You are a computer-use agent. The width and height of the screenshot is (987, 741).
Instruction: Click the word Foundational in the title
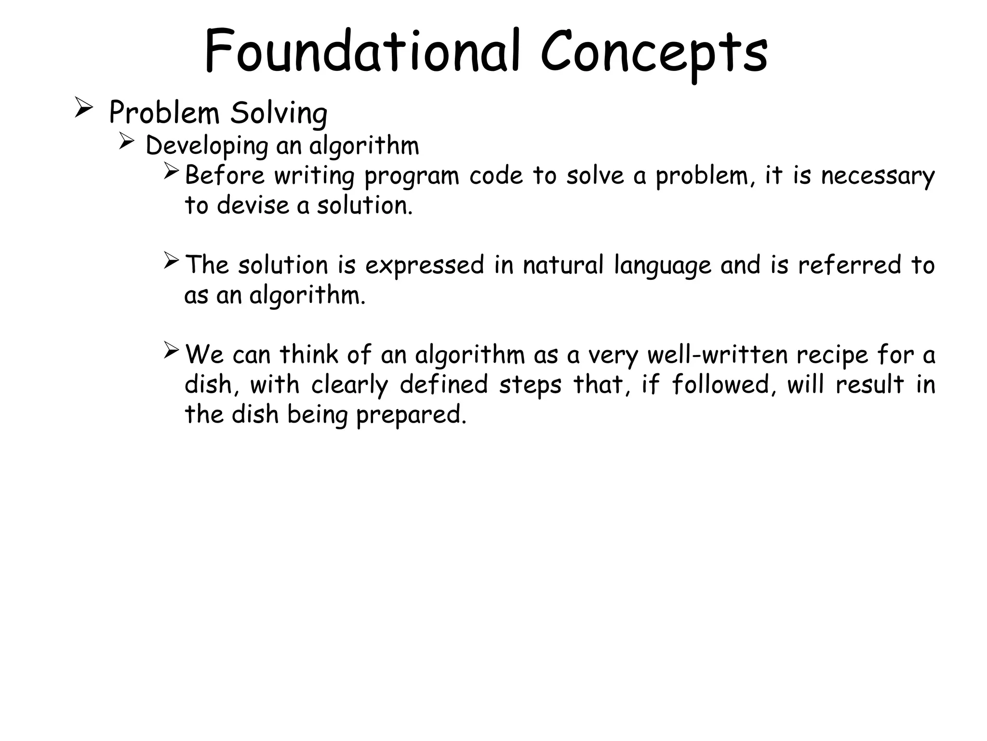click(361, 51)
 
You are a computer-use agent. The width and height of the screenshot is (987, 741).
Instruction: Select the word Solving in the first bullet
click(279, 114)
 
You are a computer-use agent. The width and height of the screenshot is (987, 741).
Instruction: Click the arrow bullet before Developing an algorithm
click(126, 142)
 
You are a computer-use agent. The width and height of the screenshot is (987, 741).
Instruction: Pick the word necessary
click(878, 176)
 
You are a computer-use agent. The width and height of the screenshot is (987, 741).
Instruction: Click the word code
click(496, 176)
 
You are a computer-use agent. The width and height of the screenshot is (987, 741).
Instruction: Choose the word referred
click(849, 265)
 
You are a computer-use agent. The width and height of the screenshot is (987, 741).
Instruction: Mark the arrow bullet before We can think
click(171, 350)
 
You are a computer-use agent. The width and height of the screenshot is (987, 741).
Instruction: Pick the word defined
click(444, 385)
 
